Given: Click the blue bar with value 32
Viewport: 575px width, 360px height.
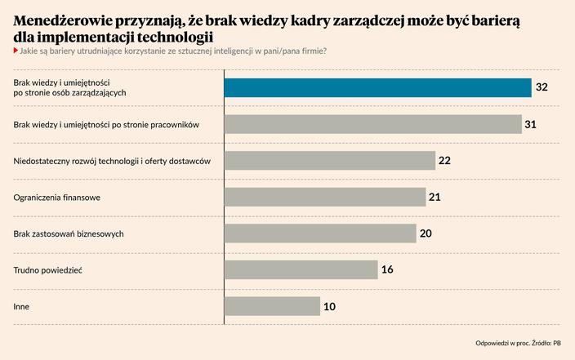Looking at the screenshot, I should (377, 87).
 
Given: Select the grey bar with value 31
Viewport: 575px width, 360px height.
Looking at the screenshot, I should (372, 124).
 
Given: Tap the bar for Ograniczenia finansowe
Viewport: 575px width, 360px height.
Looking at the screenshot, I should (324, 197).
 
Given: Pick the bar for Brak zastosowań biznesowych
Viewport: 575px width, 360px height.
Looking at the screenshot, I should (319, 233).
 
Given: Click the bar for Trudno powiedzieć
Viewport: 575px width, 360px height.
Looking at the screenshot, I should (301, 269).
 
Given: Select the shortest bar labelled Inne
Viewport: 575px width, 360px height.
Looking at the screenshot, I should (272, 306).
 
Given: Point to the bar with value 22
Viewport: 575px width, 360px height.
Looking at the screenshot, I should (329, 160).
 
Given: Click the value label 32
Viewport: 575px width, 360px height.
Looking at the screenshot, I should (542, 87).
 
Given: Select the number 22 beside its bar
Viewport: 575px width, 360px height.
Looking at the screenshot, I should (445, 160).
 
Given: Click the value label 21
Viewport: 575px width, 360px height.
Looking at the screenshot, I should (435, 197).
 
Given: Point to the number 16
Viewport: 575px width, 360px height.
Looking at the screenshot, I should (387, 269).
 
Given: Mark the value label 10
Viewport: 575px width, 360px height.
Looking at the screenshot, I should (329, 306).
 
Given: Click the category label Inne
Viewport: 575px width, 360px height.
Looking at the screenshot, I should (21, 306).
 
